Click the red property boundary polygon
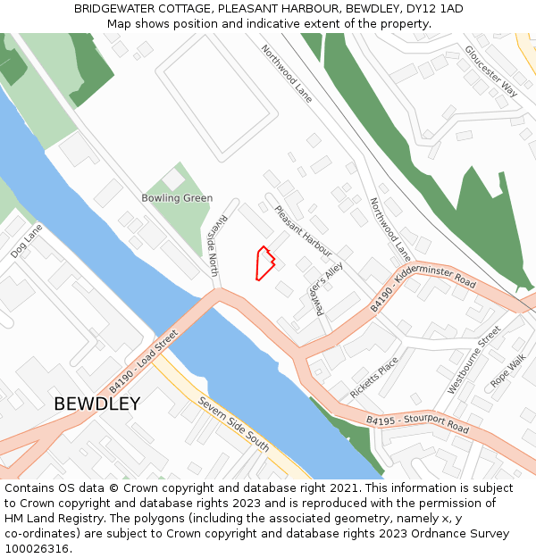pyautogui.click(x=264, y=263)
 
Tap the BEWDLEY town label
pyautogui.click(x=96, y=404)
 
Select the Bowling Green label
pyautogui.click(x=177, y=198)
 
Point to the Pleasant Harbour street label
pyautogui.click(x=303, y=231)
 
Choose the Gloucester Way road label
pyautogui.click(x=491, y=71)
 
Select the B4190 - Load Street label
pyautogui.click(x=144, y=362)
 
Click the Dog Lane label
pyautogui.click(x=27, y=241)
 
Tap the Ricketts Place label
pyautogui.click(x=374, y=379)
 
